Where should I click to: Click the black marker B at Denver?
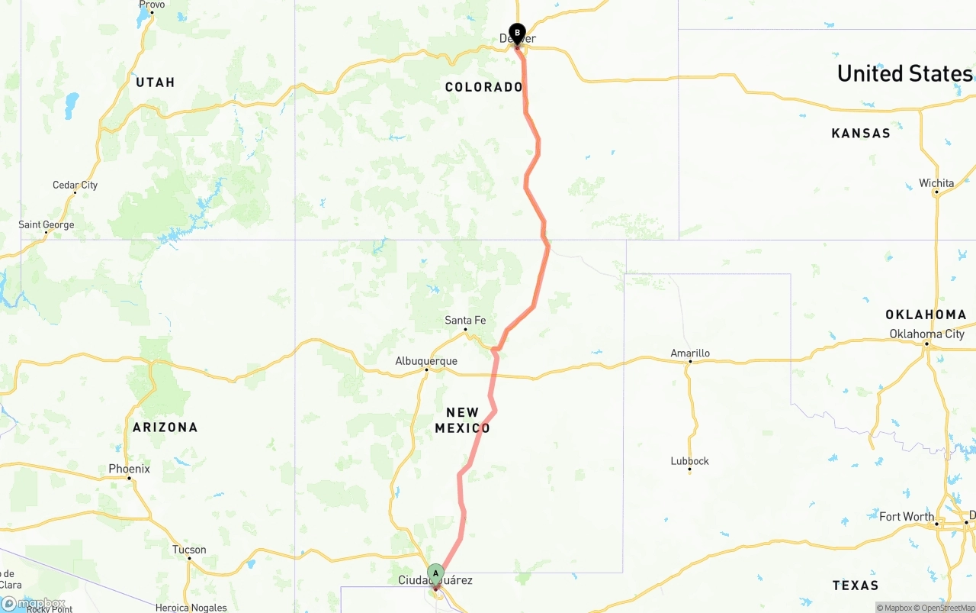pyautogui.click(x=517, y=33)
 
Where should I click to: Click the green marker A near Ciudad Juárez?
pyautogui.click(x=435, y=573)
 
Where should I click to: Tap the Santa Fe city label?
pyautogui.click(x=465, y=321)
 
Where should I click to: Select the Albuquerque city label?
pyautogui.click(x=426, y=361)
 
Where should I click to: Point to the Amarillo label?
pyautogui.click(x=690, y=353)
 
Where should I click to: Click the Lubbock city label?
pyautogui.click(x=689, y=461)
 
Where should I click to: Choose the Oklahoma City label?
pyautogui.click(x=926, y=334)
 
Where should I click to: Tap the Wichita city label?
pyautogui.click(x=936, y=183)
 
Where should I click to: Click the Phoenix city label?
pyautogui.click(x=129, y=469)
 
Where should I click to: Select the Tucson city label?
pyautogui.click(x=189, y=550)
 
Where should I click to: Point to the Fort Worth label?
pyautogui.click(x=906, y=517)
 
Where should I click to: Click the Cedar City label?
pyautogui.click(x=75, y=185)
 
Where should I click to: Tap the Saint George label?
pyautogui.click(x=47, y=225)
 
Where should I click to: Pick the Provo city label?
pyautogui.click(x=152, y=5)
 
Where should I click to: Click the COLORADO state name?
pyautogui.click(x=483, y=87)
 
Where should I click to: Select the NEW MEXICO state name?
pyautogui.click(x=462, y=421)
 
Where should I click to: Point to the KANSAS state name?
pyautogui.click(x=860, y=134)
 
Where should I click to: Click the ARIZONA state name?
pyautogui.click(x=165, y=427)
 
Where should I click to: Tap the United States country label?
pyautogui.click(x=904, y=73)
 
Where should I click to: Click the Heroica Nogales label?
pyautogui.click(x=191, y=608)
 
